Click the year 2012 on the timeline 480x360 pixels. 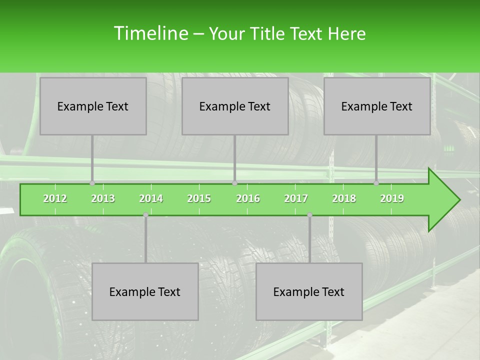55,198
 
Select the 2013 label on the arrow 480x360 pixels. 103,198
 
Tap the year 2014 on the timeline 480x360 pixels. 151,198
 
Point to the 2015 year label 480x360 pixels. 199,198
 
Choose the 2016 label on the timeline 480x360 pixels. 248,198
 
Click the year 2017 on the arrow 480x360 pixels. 296,198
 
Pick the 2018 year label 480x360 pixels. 344,198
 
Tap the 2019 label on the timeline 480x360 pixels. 392,198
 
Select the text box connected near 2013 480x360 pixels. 93,106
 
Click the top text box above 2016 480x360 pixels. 235,106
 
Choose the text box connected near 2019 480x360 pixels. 377,106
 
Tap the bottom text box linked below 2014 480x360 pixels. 145,291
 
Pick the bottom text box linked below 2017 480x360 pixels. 309,291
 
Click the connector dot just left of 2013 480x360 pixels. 92,183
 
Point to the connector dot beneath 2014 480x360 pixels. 145,215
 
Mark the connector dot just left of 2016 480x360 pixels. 234,183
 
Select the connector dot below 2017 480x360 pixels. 309,215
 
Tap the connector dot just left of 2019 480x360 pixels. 376,183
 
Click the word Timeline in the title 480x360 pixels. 150,33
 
